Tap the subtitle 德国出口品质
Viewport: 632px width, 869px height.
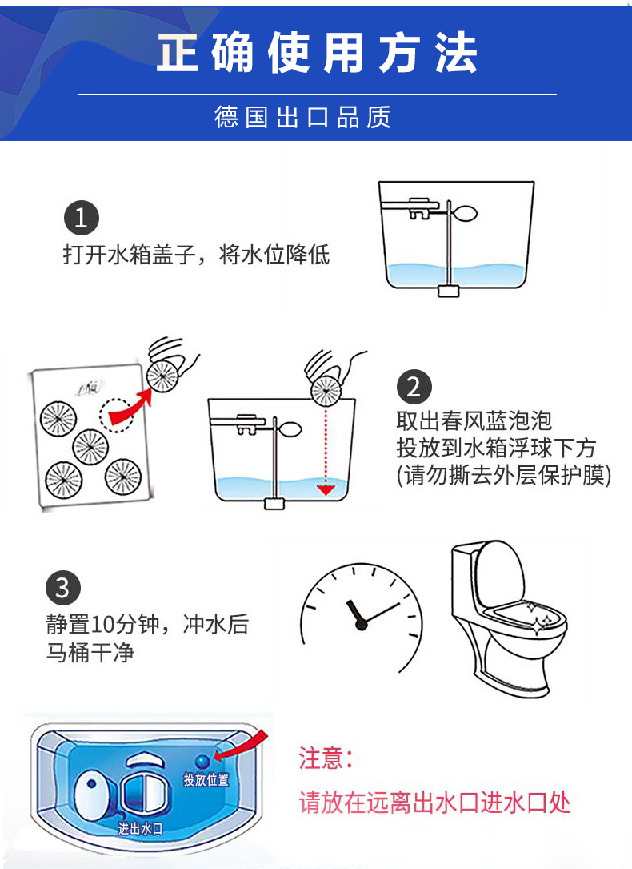(302, 117)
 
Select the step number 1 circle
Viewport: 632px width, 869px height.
(81, 219)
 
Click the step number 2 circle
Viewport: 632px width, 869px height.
(414, 388)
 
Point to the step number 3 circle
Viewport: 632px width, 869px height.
(63, 589)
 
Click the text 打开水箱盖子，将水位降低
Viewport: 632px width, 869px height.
(196, 255)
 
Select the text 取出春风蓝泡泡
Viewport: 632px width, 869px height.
(474, 420)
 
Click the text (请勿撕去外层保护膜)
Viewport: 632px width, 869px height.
(504, 475)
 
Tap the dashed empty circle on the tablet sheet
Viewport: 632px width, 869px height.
(115, 413)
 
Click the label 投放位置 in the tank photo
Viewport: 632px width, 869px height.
(206, 779)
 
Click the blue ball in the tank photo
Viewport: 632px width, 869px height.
(202, 760)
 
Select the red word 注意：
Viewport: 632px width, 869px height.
(326, 758)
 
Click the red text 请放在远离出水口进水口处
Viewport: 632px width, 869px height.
(434, 803)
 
